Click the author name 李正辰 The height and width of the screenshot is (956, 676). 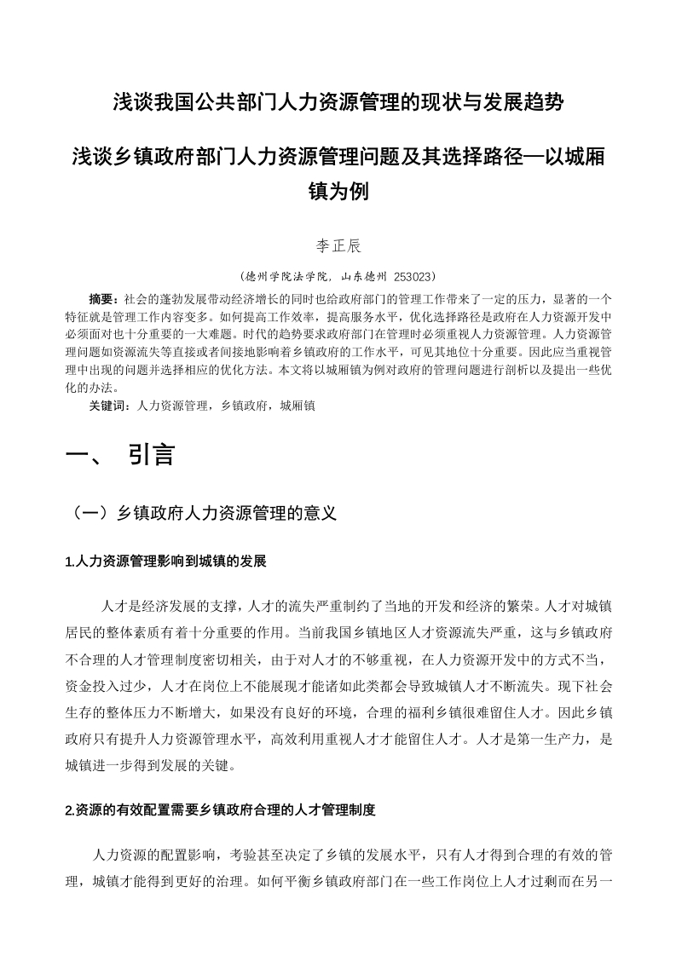(x=338, y=246)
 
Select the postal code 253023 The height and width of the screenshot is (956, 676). (x=413, y=276)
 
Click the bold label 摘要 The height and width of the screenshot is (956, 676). (x=102, y=299)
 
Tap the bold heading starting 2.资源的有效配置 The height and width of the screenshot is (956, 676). (x=220, y=809)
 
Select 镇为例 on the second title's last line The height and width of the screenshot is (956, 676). (x=338, y=191)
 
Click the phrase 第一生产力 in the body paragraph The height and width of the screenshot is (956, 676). (x=542, y=740)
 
